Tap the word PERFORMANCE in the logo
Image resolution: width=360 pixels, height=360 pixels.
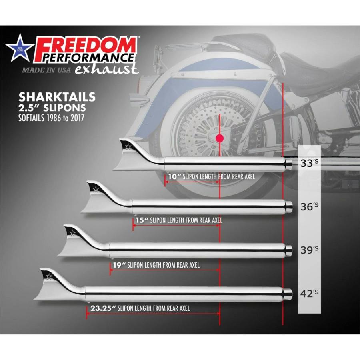coord(88,58)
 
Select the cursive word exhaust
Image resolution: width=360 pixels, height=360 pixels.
coord(107,69)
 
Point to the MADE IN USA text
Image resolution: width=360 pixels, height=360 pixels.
coord(46,70)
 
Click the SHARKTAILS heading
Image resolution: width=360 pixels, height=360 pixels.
coord(57,97)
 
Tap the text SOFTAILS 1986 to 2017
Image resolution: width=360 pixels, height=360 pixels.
coord(51,118)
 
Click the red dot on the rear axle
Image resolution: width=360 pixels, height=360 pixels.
coord(220,138)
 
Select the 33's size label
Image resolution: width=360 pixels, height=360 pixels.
coord(309,163)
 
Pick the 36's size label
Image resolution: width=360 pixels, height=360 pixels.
coord(309,206)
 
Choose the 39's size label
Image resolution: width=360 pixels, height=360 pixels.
coord(309,250)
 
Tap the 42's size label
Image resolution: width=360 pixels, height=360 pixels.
coord(309,293)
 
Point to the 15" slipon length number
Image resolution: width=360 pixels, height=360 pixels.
coord(142,220)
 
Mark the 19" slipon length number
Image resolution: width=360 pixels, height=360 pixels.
coord(119,265)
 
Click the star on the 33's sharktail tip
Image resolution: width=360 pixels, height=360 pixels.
coord(128,146)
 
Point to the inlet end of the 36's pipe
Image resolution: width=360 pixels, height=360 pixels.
coord(289,207)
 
